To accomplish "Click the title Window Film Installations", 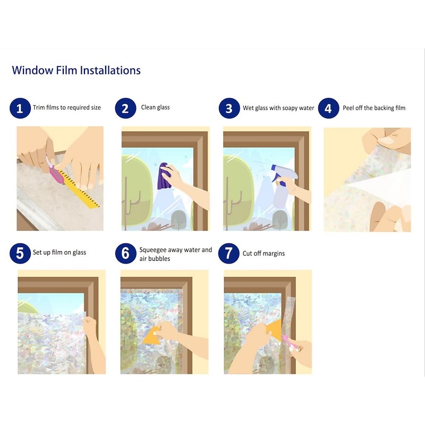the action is pos(76,70).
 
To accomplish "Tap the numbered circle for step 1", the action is pos(20,108).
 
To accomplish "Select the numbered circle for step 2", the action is pos(125,108).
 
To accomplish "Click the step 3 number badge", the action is pos(229,108).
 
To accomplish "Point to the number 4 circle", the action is pos(328,108).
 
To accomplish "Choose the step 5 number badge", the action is pos(20,253).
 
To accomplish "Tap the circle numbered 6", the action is pos(125,253).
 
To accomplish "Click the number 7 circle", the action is pos(229,253).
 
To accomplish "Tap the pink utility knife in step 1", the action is pos(56,170).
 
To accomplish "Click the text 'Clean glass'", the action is pos(155,107).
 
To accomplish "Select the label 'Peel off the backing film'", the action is pos(374,108).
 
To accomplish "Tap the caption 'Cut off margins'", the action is pos(263,253).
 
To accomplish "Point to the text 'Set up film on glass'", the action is pos(59,252).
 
